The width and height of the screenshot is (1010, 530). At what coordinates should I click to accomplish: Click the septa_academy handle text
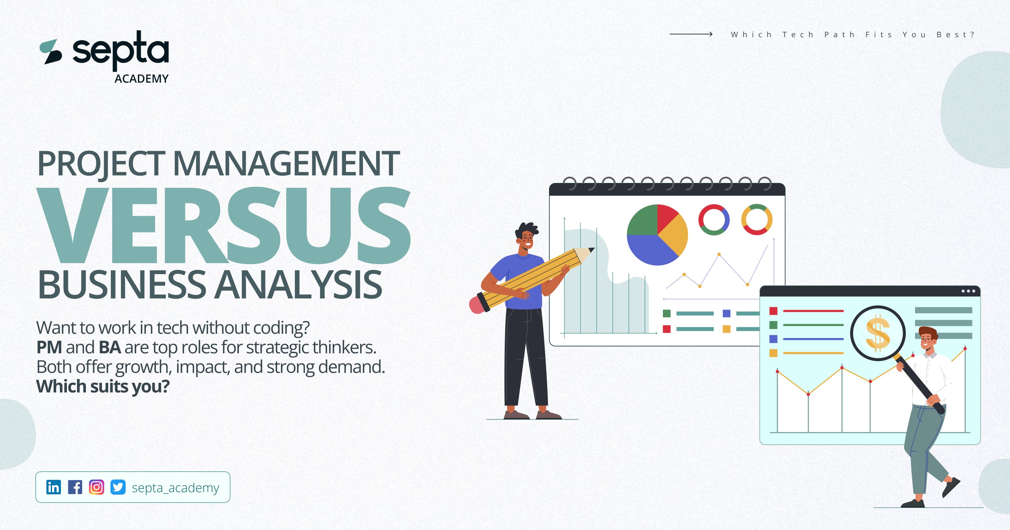tap(175, 488)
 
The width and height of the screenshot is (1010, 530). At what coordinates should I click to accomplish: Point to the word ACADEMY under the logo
tap(141, 79)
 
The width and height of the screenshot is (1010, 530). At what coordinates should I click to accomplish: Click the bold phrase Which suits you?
tap(103, 386)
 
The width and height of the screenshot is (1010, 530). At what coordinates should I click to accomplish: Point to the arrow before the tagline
tap(691, 34)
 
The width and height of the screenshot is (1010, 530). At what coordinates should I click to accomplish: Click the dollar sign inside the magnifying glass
tap(877, 333)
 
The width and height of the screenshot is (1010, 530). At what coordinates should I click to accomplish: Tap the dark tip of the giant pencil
tap(591, 250)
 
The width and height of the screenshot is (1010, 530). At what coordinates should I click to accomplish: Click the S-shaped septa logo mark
tap(51, 52)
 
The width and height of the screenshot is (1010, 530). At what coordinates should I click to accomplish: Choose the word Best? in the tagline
tap(955, 34)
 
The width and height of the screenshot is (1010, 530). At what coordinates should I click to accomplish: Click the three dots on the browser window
tap(968, 291)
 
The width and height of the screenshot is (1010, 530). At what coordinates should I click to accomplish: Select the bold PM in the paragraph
tap(49, 347)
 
